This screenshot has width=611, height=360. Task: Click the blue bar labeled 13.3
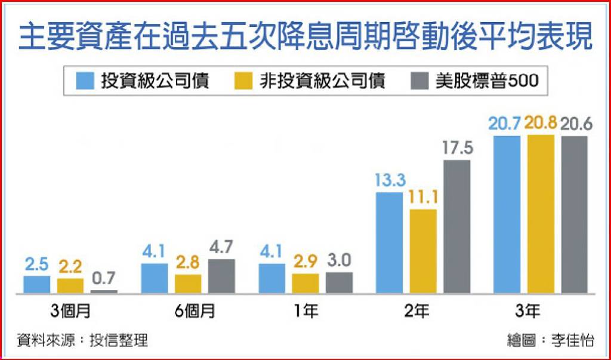[x=389, y=242]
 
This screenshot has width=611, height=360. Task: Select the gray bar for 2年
[x=457, y=227]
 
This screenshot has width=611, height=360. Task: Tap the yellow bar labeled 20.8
[x=541, y=214]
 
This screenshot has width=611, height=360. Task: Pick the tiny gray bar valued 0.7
[x=104, y=292]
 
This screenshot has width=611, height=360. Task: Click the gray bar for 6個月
[x=222, y=276]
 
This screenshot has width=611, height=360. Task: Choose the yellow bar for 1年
[x=305, y=284]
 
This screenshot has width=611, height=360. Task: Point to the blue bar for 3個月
[x=37, y=285]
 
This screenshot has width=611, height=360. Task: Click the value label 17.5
[x=458, y=149]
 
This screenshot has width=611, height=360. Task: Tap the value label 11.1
[x=423, y=198]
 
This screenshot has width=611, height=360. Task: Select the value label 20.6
[x=576, y=125]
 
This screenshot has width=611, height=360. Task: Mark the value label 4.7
[x=221, y=247]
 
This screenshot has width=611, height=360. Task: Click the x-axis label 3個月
[x=71, y=311]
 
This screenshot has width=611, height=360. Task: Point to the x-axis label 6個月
[x=195, y=311]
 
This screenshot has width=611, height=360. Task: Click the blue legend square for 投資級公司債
[x=85, y=81]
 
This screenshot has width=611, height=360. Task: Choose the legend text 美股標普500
[x=487, y=81]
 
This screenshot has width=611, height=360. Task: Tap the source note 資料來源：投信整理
[x=82, y=340]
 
